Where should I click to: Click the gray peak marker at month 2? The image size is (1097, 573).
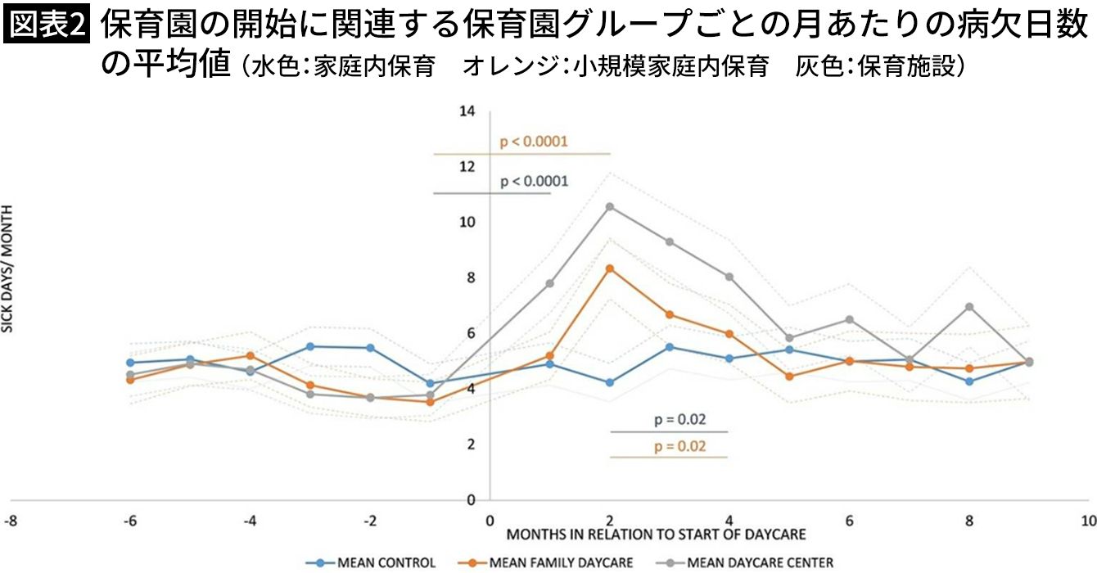click(x=609, y=206)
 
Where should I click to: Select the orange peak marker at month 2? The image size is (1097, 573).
click(x=609, y=268)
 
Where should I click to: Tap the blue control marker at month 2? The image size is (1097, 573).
click(x=609, y=382)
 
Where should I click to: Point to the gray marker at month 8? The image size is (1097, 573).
click(x=969, y=307)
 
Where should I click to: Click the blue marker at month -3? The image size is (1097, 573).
click(x=310, y=346)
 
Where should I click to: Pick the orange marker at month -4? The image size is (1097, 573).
click(x=251, y=355)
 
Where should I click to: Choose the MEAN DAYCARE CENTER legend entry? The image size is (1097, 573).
click(x=748, y=562)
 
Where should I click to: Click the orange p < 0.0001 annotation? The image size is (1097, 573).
click(x=534, y=142)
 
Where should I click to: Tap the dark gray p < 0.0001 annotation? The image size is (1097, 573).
click(x=534, y=181)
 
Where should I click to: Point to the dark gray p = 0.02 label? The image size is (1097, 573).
click(x=679, y=420)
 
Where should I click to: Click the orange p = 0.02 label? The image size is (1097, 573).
click(x=679, y=446)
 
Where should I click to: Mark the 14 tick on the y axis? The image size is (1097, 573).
click(x=467, y=111)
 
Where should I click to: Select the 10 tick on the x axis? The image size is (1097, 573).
click(x=1088, y=521)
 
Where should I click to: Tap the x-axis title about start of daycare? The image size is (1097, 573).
click(x=656, y=535)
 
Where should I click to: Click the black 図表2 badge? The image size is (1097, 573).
click(x=47, y=26)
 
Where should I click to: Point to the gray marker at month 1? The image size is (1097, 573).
click(x=549, y=283)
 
